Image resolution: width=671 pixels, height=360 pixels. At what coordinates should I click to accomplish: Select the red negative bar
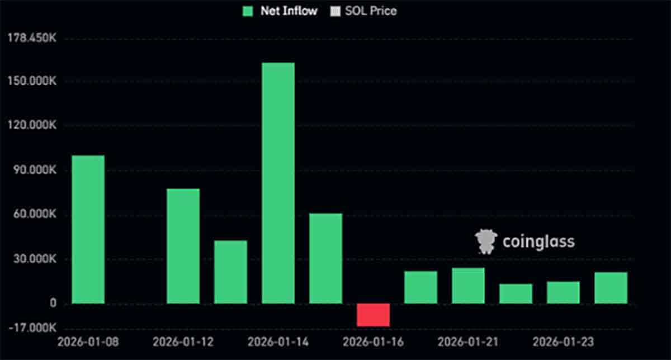[x=373, y=315]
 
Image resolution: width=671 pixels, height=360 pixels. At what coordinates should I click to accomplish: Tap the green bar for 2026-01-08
[x=88, y=229]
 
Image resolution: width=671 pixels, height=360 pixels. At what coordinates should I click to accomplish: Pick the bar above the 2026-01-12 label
[x=183, y=246]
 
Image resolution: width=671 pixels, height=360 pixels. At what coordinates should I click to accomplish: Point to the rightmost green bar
[x=611, y=288]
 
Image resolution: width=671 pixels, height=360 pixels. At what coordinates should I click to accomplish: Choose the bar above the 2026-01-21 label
[x=468, y=286]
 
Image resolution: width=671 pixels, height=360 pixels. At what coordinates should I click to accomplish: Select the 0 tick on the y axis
[x=53, y=304]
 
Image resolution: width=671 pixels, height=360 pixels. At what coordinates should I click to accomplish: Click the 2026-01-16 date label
[x=373, y=341]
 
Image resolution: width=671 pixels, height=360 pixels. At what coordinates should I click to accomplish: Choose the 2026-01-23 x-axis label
[x=563, y=341]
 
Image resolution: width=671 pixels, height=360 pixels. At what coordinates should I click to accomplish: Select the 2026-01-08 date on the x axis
[x=88, y=341]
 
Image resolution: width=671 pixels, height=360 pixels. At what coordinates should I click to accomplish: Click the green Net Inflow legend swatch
[x=248, y=11]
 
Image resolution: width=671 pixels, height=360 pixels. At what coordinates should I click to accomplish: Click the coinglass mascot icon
[x=485, y=241]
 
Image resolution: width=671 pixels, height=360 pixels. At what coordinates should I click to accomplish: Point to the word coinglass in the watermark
[x=538, y=241]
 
